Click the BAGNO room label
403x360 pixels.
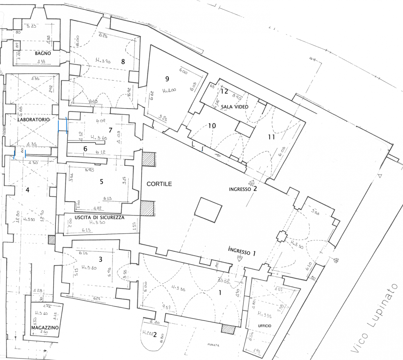(x=43, y=54)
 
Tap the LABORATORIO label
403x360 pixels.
(x=33, y=119)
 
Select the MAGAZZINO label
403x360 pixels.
(x=45, y=328)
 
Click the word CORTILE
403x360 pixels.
(x=159, y=184)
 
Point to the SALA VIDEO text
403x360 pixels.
(x=234, y=107)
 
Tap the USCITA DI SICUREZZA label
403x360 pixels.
(x=99, y=218)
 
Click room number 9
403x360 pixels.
(x=167, y=79)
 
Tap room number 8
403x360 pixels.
(x=123, y=61)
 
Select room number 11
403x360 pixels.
(x=271, y=137)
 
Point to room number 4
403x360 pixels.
(x=28, y=190)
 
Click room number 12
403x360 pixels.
(x=225, y=91)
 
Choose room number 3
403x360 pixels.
(x=100, y=259)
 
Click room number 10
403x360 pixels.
(x=212, y=126)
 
